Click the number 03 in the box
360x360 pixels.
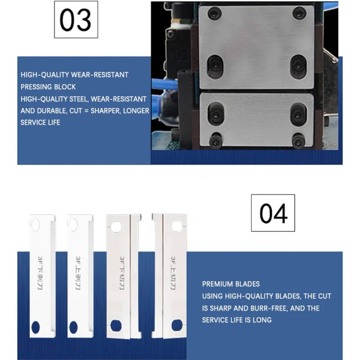[76, 20]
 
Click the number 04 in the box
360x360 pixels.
[273, 213]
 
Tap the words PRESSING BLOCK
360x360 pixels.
[48, 87]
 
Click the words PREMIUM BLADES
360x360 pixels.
[231, 284]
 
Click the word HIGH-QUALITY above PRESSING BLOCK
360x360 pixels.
[45, 75]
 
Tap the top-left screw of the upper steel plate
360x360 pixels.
[215, 14]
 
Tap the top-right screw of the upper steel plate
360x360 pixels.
[299, 13]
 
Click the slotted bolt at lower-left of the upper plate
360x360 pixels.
[215, 66]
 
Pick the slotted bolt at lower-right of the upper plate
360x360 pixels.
[298, 66]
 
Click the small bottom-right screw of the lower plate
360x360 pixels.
[298, 140]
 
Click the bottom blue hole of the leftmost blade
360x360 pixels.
[36, 326]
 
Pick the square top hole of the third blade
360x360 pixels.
[116, 226]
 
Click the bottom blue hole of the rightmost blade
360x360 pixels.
[176, 325]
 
